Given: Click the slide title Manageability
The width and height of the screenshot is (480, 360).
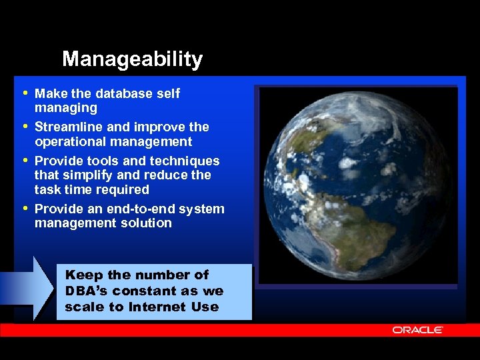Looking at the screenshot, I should coord(132,59).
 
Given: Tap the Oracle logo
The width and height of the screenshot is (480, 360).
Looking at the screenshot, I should coord(417,330).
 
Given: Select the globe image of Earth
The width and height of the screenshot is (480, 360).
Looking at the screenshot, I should coord(358,185).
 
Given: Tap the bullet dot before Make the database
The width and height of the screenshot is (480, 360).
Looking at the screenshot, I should coord(25,93).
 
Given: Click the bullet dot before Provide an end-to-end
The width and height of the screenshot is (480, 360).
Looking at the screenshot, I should coord(25,208).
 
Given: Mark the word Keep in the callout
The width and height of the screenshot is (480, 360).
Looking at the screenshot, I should coord(79,275).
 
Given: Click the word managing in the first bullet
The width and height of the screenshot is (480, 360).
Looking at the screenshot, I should coord(65,108).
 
